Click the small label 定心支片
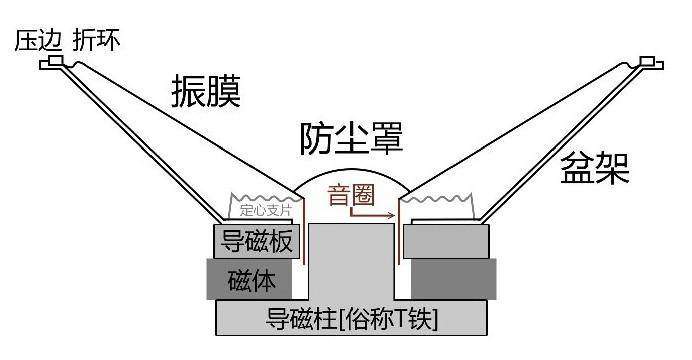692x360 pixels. (x=265, y=211)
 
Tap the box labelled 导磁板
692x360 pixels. (x=254, y=241)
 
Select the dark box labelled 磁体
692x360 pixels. (x=250, y=278)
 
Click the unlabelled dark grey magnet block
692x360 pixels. (x=452, y=278)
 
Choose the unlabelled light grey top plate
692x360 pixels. (x=447, y=241)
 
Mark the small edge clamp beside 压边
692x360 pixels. (x=51, y=63)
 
